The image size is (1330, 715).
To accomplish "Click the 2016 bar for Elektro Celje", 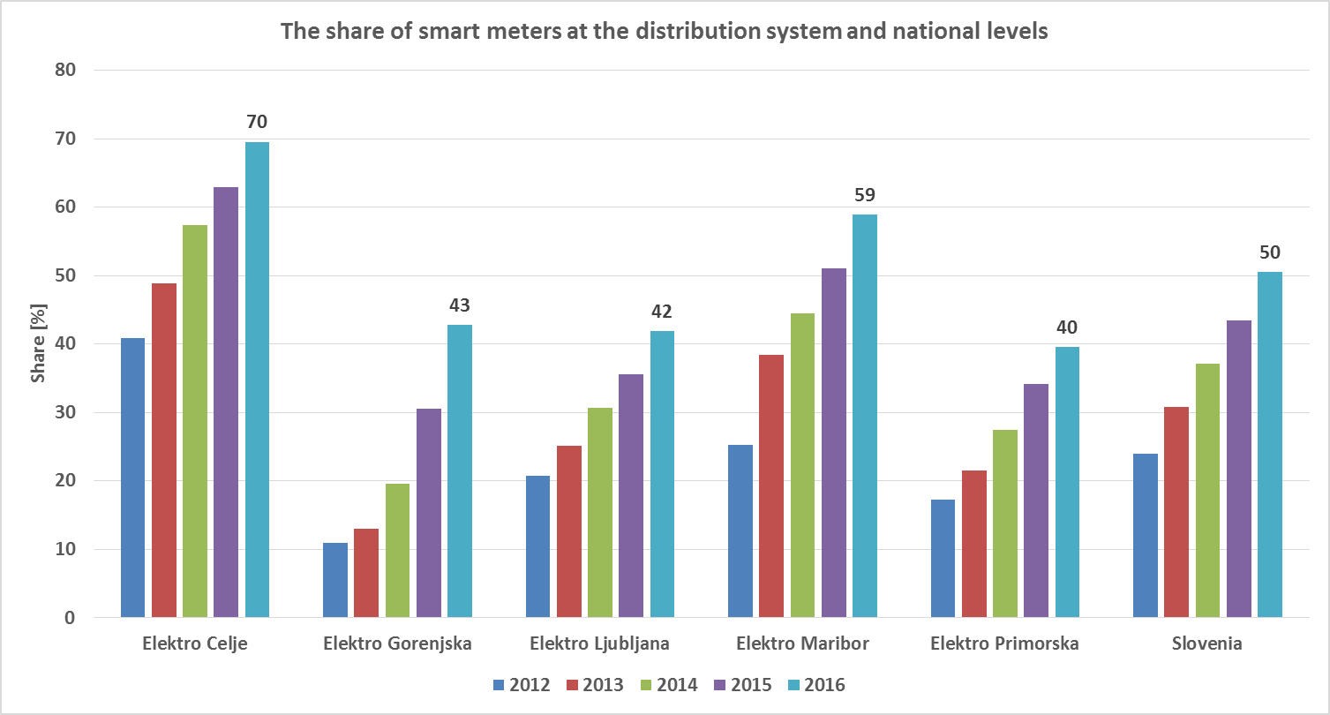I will click(x=257, y=380).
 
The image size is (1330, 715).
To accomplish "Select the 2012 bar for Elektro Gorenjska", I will click(x=335, y=580).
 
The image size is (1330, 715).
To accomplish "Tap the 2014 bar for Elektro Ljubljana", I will click(x=599, y=512).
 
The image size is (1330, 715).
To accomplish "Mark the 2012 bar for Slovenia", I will click(x=1145, y=535).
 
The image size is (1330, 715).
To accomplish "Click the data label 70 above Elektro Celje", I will click(x=257, y=122).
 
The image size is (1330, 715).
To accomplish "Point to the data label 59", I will click(x=864, y=195).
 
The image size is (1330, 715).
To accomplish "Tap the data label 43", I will click(x=459, y=305).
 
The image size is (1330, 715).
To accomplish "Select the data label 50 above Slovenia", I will click(x=1269, y=252).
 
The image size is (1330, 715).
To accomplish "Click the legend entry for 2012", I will click(x=521, y=685).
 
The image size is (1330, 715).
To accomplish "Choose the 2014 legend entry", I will click(x=669, y=685).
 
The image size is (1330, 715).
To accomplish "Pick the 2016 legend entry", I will click(x=816, y=685).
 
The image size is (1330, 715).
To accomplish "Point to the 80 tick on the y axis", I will click(x=66, y=70).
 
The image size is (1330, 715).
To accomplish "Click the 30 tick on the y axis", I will click(x=66, y=412).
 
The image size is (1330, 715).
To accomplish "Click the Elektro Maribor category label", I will click(x=801, y=643).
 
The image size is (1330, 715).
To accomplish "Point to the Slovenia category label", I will click(x=1206, y=643).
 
